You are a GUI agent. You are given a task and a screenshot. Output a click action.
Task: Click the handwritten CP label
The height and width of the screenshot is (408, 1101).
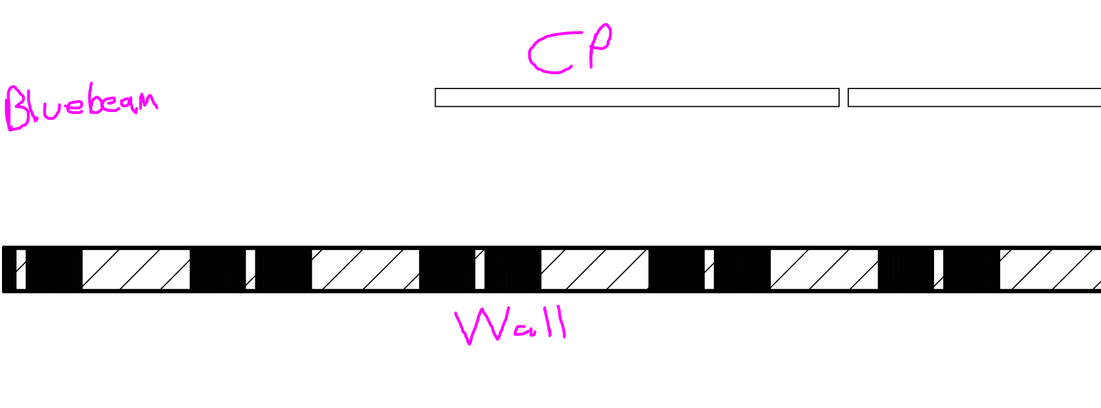[x=570, y=50]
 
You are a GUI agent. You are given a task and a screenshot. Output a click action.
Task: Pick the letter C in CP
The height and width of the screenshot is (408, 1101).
[x=549, y=54]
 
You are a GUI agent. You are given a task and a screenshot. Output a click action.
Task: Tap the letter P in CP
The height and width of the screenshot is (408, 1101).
[x=599, y=45]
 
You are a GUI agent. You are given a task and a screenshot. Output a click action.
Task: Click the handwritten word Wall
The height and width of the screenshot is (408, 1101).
[x=511, y=325]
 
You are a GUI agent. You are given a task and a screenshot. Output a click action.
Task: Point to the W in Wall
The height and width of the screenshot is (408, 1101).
[x=479, y=325]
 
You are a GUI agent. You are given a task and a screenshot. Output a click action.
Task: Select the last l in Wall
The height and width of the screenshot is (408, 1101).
[x=562, y=322]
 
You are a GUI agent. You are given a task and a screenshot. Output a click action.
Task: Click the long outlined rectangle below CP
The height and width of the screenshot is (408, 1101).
[x=637, y=98]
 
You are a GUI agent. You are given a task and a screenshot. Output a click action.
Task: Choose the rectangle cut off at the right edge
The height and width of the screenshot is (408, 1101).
[x=974, y=98]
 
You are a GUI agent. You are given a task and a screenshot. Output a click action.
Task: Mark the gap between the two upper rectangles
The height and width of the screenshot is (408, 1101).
[x=844, y=98]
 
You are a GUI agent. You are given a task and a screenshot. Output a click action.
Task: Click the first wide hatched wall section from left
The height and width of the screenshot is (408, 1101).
[x=136, y=269]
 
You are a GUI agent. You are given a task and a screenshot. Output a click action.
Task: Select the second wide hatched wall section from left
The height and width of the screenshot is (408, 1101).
[x=365, y=269]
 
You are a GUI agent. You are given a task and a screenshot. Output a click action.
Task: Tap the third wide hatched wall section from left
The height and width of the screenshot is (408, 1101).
[x=594, y=269]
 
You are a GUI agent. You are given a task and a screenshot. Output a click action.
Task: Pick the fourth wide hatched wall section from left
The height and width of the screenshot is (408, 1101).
[x=824, y=269]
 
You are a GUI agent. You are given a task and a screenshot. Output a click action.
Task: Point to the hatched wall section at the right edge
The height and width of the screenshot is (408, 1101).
[x=1050, y=269]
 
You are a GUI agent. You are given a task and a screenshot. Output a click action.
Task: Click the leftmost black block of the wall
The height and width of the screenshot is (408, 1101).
[x=54, y=269]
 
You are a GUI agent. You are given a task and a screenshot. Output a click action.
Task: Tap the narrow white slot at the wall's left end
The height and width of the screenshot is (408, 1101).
[x=21, y=269]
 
